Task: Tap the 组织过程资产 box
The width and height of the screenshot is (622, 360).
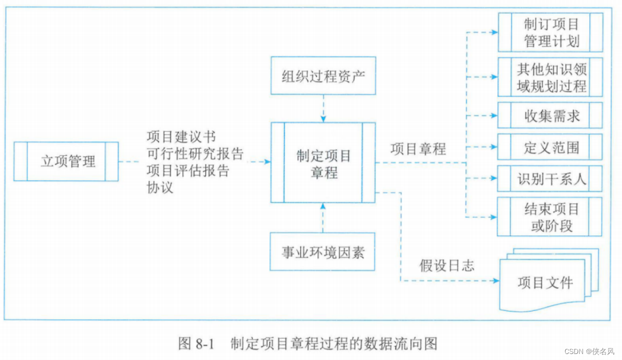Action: click(323, 76)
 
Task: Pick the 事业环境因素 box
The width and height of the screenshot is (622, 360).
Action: click(323, 252)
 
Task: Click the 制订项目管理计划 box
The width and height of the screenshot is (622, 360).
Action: click(551, 32)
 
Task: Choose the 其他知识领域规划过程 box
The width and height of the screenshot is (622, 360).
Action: click(551, 77)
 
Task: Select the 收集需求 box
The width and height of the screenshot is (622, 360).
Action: click(551, 116)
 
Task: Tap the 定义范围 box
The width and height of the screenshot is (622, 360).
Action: click(551, 147)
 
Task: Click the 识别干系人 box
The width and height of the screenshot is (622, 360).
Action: click(551, 178)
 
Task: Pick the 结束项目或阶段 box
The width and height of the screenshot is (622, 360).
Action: click(551, 217)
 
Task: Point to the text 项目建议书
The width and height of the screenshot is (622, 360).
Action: click(181, 137)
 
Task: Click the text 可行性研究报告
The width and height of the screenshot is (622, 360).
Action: click(195, 153)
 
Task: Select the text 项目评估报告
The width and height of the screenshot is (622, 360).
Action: click(188, 170)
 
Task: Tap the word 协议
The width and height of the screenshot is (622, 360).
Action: click(160, 187)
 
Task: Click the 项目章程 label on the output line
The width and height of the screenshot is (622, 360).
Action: click(418, 148)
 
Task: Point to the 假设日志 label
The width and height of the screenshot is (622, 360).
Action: click(447, 265)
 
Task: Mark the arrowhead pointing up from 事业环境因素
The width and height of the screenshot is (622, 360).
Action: click(323, 206)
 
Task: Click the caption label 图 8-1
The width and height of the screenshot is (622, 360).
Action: click(196, 344)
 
